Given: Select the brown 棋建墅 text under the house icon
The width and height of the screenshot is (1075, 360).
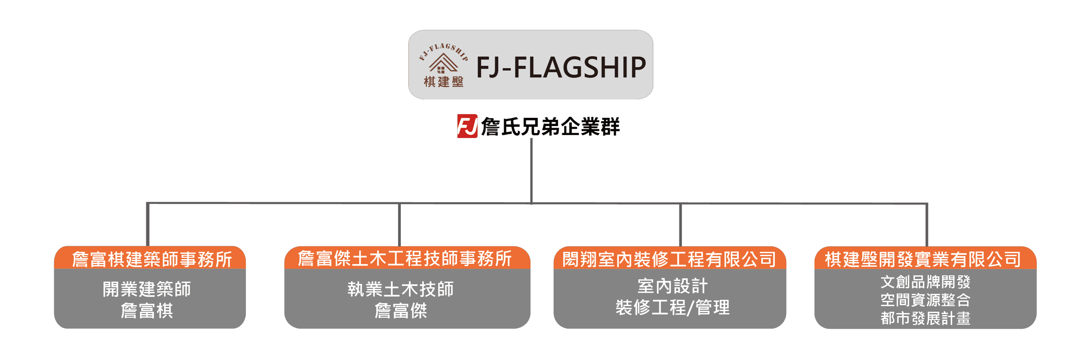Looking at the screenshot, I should pyautogui.click(x=444, y=81).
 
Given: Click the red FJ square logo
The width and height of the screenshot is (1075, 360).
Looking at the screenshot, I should pyautogui.click(x=467, y=126).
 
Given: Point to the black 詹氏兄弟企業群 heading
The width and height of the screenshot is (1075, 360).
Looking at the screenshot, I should pyautogui.click(x=550, y=126).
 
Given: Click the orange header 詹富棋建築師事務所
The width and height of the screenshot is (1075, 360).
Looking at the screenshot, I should pyautogui.click(x=152, y=259).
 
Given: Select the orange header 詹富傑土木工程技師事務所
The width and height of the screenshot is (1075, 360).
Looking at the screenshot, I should pyautogui.click(x=404, y=258).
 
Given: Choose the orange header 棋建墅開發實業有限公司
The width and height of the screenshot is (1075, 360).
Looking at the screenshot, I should pyautogui.click(x=923, y=259).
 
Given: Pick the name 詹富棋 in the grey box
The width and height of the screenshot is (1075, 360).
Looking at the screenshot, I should pyautogui.click(x=147, y=311).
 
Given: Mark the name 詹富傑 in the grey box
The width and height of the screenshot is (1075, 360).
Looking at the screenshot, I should pyautogui.click(x=400, y=311).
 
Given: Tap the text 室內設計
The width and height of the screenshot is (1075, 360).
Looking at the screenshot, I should pyautogui.click(x=672, y=286).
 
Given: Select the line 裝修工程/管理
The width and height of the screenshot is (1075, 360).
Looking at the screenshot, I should pyautogui.click(x=672, y=308).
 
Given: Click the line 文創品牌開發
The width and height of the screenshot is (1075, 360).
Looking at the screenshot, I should pyautogui.click(x=925, y=282).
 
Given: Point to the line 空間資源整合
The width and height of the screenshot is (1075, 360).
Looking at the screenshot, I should pyautogui.click(x=925, y=300).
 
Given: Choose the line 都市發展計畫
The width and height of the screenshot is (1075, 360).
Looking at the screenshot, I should pyautogui.click(x=925, y=318).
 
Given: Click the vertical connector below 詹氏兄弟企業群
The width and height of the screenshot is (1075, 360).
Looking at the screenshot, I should pyautogui.click(x=531, y=171).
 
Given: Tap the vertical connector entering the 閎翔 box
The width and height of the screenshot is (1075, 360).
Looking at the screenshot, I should pyautogui.click(x=680, y=225).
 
